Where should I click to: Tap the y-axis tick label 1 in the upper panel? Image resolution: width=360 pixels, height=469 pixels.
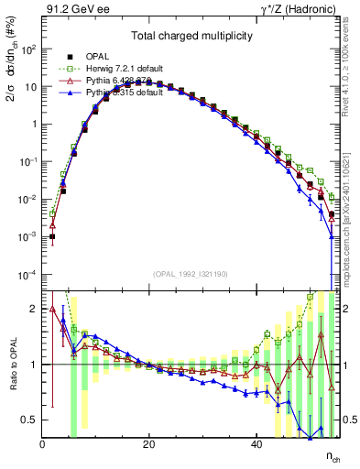coord(35,125)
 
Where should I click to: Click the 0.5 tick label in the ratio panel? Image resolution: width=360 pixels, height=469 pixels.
coord(31,420)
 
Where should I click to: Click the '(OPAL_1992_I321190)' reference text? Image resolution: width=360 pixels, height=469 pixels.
coord(190,274)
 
